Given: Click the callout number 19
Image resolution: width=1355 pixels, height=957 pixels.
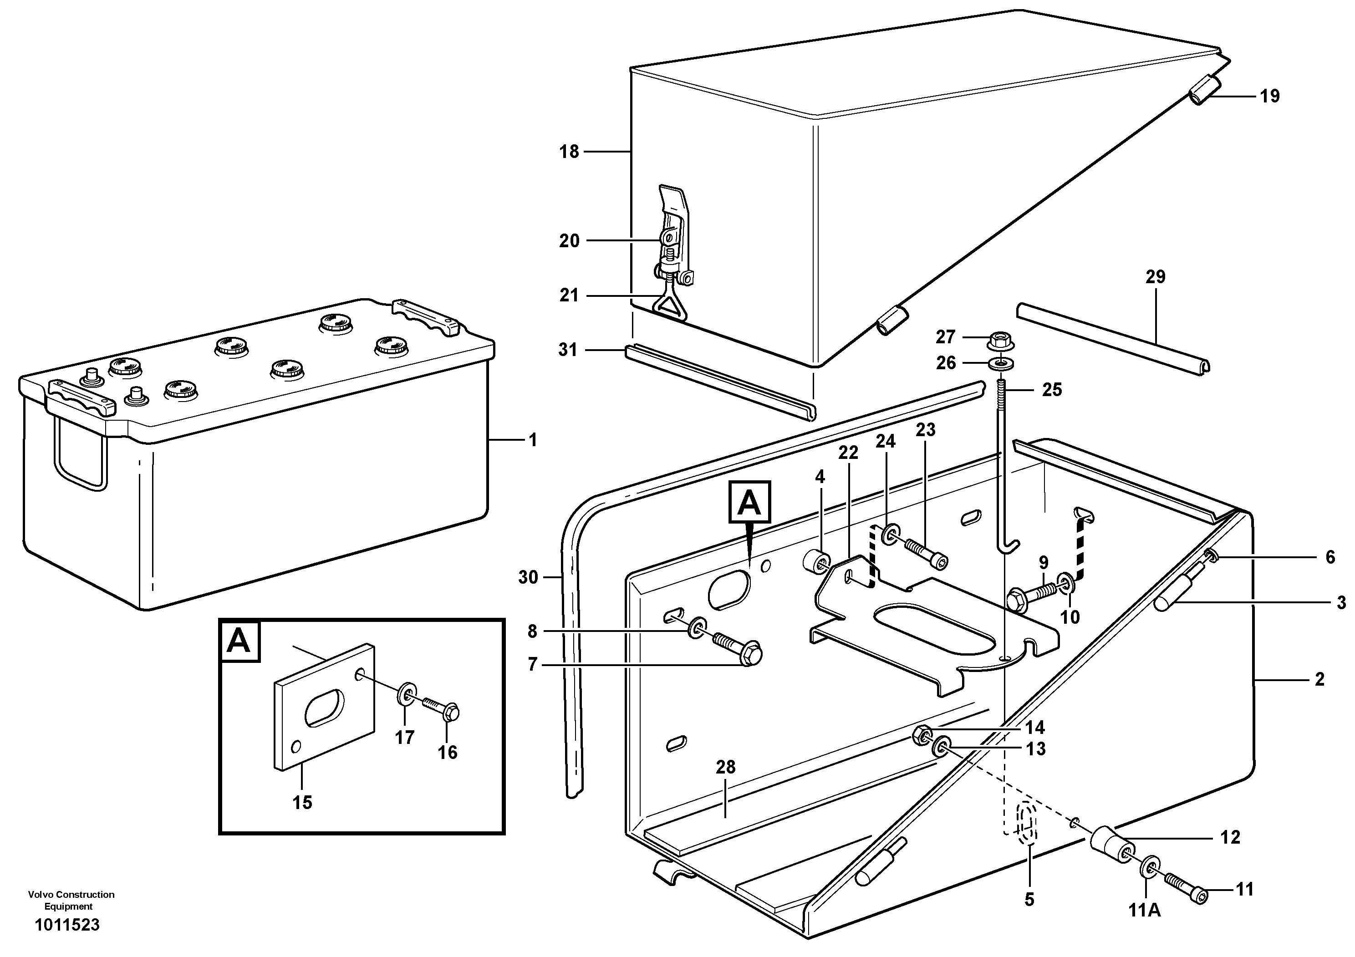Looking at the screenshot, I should click(1269, 96).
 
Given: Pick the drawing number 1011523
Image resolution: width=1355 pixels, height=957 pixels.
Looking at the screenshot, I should click(67, 925).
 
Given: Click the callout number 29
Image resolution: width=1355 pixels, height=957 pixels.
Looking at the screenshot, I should click(1155, 277).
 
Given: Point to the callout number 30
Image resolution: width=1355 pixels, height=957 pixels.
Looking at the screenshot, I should click(528, 578).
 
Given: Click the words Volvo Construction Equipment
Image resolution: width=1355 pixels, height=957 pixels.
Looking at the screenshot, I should click(71, 901).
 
